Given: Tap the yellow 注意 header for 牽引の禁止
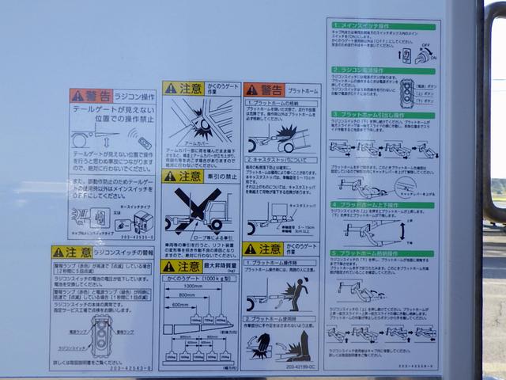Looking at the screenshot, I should click(183, 177).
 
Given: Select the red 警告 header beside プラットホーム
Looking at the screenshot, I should click(262, 90).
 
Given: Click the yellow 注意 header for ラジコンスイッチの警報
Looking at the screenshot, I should click(71, 252).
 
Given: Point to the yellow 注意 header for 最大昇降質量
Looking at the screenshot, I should click(181, 267).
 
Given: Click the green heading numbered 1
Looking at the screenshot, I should click(383, 26).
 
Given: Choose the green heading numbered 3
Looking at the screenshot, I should click(383, 115).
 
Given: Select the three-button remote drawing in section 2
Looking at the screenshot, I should click(408, 91).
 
